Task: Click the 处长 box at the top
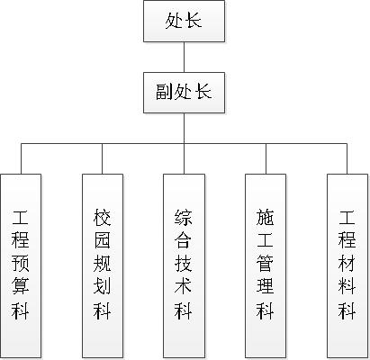coord(184,21)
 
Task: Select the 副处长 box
coord(184,93)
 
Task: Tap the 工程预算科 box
coord(21,266)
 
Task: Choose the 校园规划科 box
coord(103,266)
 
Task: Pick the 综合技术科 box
coord(184,266)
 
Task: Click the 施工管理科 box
coord(266,266)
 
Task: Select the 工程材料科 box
coord(347,266)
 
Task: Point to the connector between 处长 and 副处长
coord(184,57)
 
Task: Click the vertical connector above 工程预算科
coord(21,158)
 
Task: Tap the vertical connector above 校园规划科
coord(103,158)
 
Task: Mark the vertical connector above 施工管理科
coord(266,158)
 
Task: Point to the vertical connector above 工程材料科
coord(347,158)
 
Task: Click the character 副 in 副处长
coord(165,92)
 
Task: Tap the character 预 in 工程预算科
coord(21,263)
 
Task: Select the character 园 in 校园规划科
coord(102,239)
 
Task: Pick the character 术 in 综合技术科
coord(183,285)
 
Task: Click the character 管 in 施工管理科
coord(265,263)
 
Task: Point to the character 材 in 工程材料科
coord(347,263)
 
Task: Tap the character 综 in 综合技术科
coord(183,217)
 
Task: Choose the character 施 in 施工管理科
coord(265,217)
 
